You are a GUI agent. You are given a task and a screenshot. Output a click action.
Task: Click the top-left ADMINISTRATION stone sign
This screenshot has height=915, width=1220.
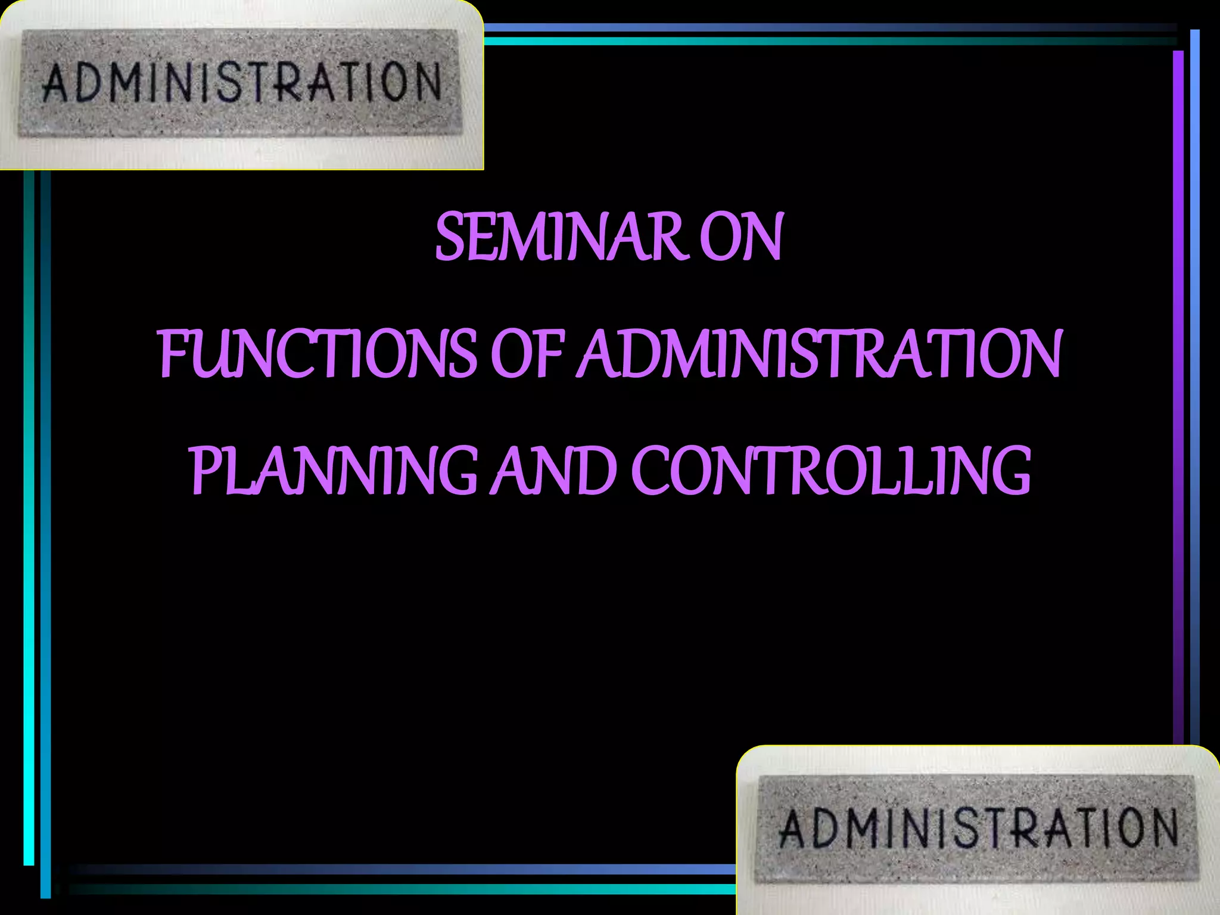(241, 83)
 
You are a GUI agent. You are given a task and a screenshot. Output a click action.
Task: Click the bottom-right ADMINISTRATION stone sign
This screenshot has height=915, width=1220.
(977, 828)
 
